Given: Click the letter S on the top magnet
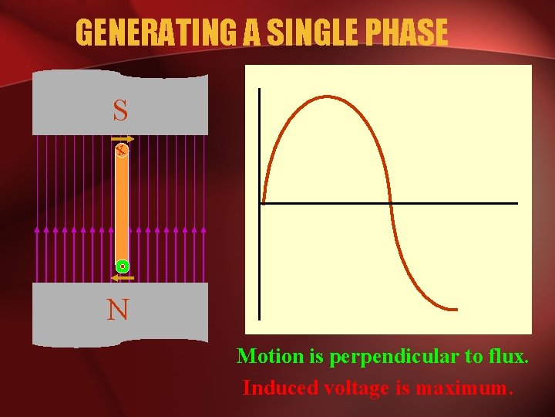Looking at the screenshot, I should (120, 111).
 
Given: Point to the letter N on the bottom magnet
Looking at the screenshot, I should (118, 310).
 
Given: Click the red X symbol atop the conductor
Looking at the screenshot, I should (121, 151).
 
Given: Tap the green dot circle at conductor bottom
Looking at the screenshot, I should (122, 266).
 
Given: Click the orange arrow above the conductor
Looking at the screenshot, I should (126, 140).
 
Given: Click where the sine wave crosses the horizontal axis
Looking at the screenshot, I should (390, 203).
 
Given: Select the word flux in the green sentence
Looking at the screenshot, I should (508, 357).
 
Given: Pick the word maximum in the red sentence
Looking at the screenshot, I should (463, 388).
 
